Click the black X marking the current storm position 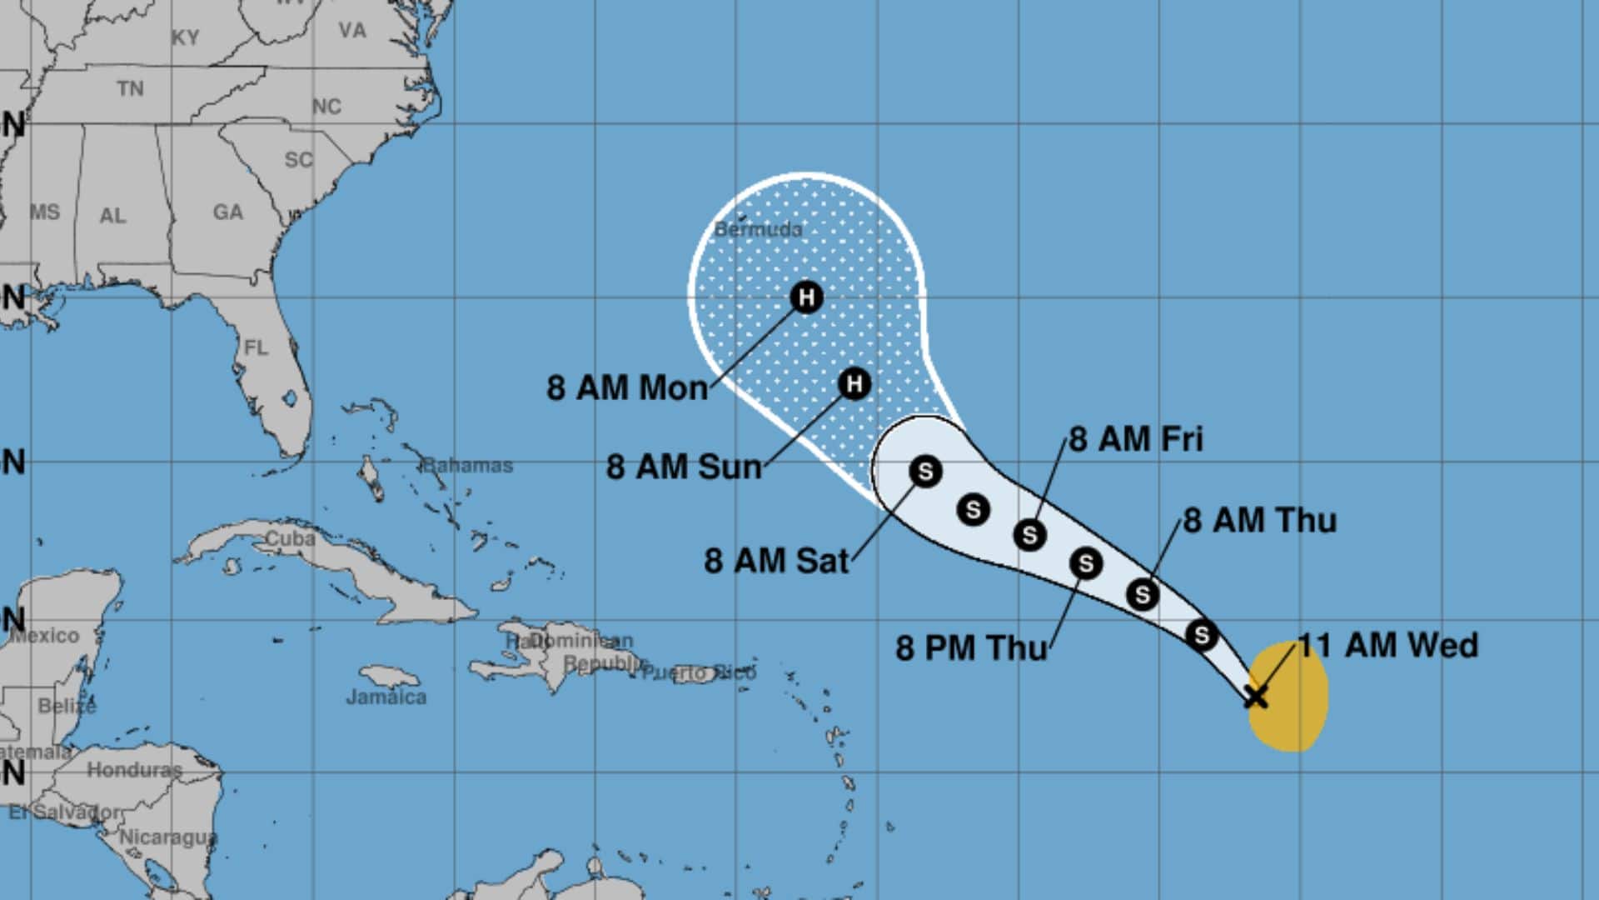[x=1256, y=696]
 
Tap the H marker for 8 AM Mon [x=805, y=297]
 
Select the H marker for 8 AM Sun [x=854, y=383]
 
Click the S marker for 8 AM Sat [x=924, y=472]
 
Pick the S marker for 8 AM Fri [x=1029, y=534]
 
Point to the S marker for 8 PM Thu [x=1085, y=564]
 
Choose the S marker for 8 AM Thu [x=1142, y=594]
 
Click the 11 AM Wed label [x=1388, y=646]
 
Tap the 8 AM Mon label [x=627, y=388]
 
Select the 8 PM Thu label [x=971, y=648]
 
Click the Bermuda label [x=758, y=229]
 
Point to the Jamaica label [x=386, y=697]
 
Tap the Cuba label [x=290, y=539]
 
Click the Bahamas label [x=467, y=465]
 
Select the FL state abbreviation [x=256, y=347]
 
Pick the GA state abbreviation [x=227, y=212]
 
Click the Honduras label [x=134, y=770]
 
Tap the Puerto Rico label [x=699, y=672]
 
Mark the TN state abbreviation [x=130, y=88]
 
